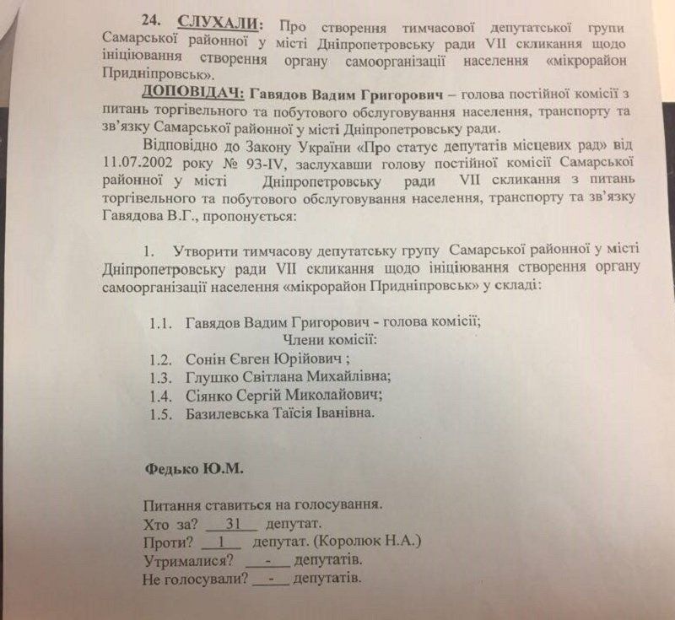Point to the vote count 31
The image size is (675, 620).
pyautogui.click(x=223, y=524)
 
